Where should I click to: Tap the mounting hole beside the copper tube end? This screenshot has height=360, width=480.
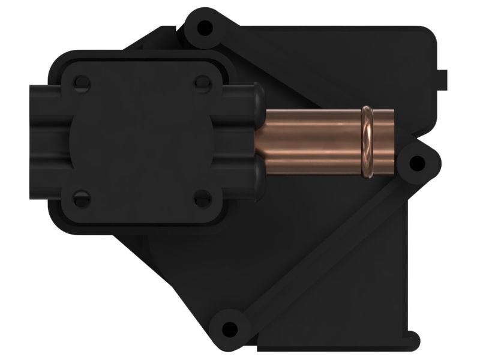415,163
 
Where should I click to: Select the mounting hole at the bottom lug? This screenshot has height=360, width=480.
228,328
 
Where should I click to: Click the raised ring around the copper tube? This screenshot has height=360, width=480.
368,142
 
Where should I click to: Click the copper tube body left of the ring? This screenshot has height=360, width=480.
309,142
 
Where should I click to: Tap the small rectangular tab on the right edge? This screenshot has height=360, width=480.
443,78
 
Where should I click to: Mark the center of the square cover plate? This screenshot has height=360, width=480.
143,139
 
